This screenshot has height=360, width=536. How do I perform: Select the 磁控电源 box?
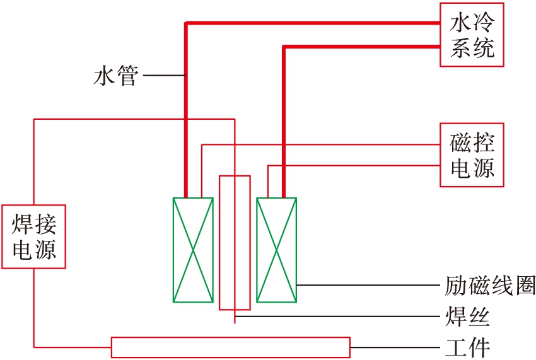pos(472,155)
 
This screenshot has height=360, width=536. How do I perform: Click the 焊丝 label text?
pos(467,316)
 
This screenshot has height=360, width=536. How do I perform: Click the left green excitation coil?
pos(192,250)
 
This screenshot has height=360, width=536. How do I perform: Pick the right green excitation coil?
pos(276,250)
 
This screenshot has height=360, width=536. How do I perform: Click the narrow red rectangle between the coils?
pos(235,243)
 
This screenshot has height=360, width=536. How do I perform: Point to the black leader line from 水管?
pos(164,76)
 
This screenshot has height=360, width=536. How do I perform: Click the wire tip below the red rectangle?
pos(235,320)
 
